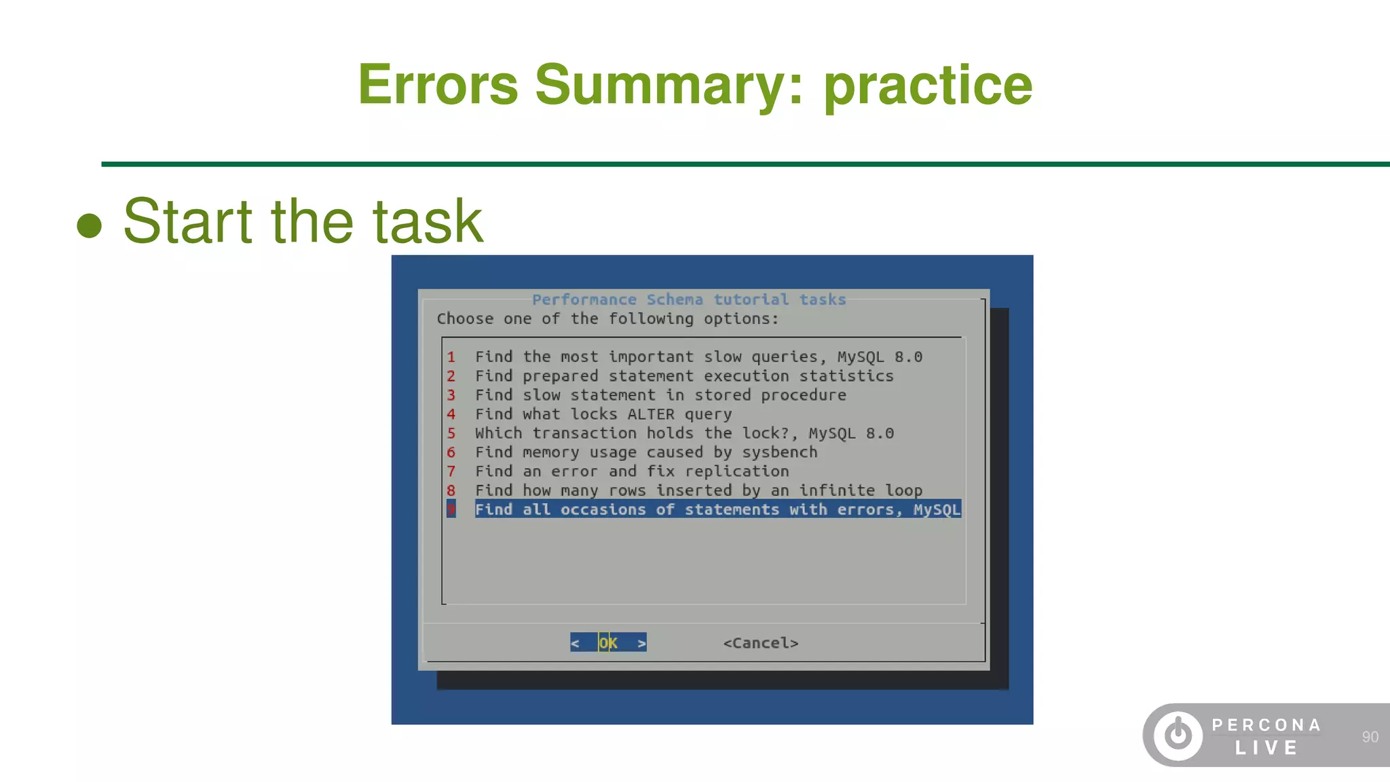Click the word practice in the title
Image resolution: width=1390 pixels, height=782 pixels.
click(928, 85)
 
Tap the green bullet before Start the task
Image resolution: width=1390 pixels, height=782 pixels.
click(89, 225)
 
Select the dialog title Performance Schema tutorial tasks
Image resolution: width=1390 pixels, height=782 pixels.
click(688, 299)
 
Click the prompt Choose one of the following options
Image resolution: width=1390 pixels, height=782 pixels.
click(607, 318)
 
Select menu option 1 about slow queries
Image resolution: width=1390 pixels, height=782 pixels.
click(698, 357)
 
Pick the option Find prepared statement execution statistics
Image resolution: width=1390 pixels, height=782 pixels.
click(683, 376)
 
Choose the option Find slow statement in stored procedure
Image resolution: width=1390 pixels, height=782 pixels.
click(660, 395)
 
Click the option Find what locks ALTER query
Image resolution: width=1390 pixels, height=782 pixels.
click(603, 414)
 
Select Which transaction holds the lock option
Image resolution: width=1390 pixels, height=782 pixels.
click(683, 433)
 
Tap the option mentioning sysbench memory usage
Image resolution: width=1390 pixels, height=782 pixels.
click(645, 452)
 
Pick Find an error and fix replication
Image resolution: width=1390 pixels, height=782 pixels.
click(631, 471)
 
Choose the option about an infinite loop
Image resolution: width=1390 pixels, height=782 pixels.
click(698, 490)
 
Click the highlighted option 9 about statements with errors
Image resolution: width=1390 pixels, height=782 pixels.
click(717, 509)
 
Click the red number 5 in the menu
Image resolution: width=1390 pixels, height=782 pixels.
click(451, 433)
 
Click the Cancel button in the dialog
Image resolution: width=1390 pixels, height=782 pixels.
click(760, 643)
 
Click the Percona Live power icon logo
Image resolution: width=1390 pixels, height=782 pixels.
click(1178, 735)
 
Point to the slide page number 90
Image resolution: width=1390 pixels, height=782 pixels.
click(1370, 737)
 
